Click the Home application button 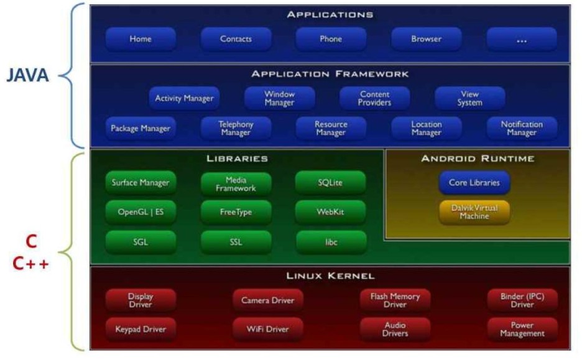coord(141,39)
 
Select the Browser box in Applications coord(426,39)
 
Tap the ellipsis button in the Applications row coord(521,39)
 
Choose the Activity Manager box coord(184,98)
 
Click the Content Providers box coord(374,98)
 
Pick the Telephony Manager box coord(236,128)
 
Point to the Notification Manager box coord(521,128)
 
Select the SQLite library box coord(331,183)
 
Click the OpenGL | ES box coord(141,212)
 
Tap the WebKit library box coord(331,212)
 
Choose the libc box coord(331,242)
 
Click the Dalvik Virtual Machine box coord(474,211)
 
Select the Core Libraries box coord(474,183)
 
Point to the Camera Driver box coord(267,300)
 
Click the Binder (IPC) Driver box coord(521,300)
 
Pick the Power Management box coord(521,329)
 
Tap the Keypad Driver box coord(141,329)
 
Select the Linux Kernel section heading coord(330,275)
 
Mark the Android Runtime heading coord(477,159)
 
